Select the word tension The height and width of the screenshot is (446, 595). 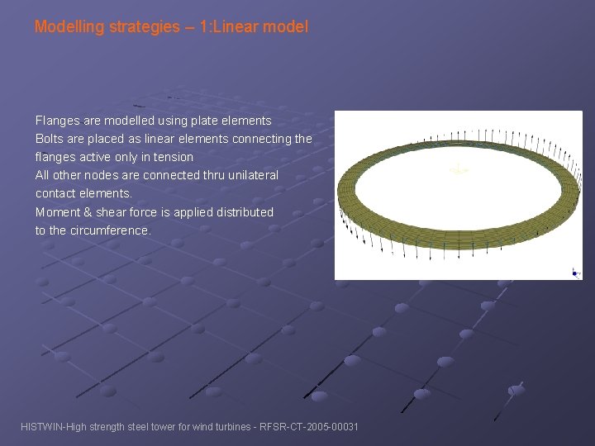(173, 157)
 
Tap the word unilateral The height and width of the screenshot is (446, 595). (249, 175)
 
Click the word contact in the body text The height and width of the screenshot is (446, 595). (55, 193)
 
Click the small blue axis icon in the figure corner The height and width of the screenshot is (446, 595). (575, 271)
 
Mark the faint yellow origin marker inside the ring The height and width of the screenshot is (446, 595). (459, 170)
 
